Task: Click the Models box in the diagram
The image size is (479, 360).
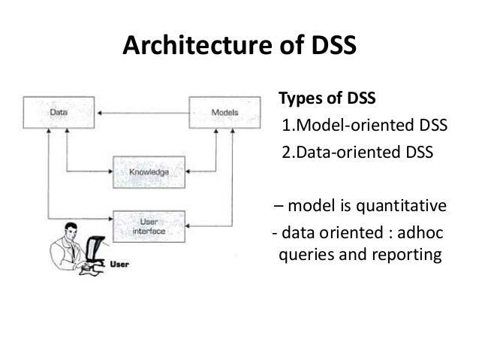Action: pos(221,113)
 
